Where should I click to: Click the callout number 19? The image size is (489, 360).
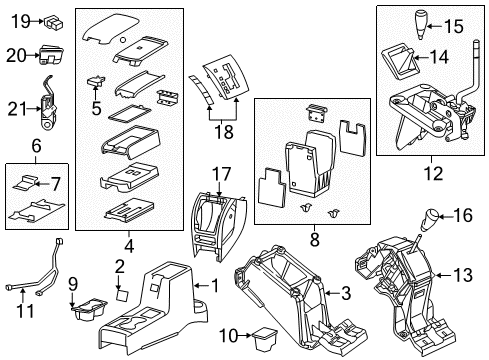pyautogui.click(x=21, y=19)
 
